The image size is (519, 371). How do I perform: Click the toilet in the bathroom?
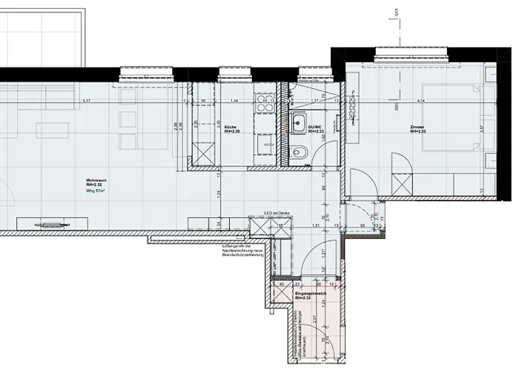[x=301, y=154]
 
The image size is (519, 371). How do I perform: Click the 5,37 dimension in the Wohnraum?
[x=87, y=100]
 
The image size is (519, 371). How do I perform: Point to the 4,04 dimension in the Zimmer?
[x=420, y=100]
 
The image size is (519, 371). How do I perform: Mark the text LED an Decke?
[x=264, y=214]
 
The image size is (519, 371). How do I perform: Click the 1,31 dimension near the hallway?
[x=315, y=225]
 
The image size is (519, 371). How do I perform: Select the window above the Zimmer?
[x=411, y=53]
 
